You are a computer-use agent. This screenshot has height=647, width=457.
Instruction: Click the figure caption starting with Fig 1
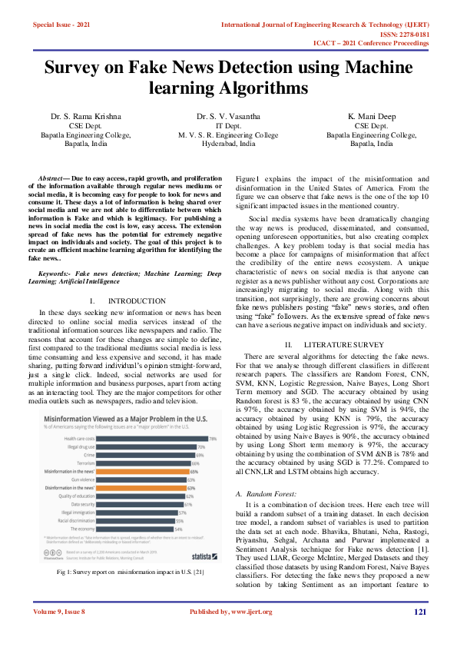tap(129, 572)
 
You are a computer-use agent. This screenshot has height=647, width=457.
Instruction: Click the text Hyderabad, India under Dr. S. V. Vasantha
tap(228, 144)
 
